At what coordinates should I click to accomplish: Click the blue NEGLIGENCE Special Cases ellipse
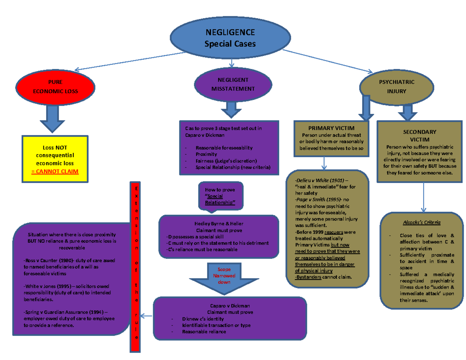coord(230,38)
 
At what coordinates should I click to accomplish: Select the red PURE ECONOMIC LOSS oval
coord(55,87)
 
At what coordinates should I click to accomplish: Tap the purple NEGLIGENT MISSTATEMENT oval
coord(233,84)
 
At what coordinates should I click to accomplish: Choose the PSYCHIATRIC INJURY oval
coord(396,87)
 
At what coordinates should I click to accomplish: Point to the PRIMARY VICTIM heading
coord(331,128)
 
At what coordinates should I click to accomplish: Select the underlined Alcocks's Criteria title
coord(421,222)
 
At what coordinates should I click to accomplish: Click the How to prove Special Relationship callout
coord(219,196)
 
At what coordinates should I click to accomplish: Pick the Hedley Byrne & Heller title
coord(219,224)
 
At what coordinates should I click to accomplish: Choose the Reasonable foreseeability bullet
coord(224,148)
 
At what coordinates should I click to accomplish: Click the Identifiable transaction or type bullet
coord(216,325)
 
